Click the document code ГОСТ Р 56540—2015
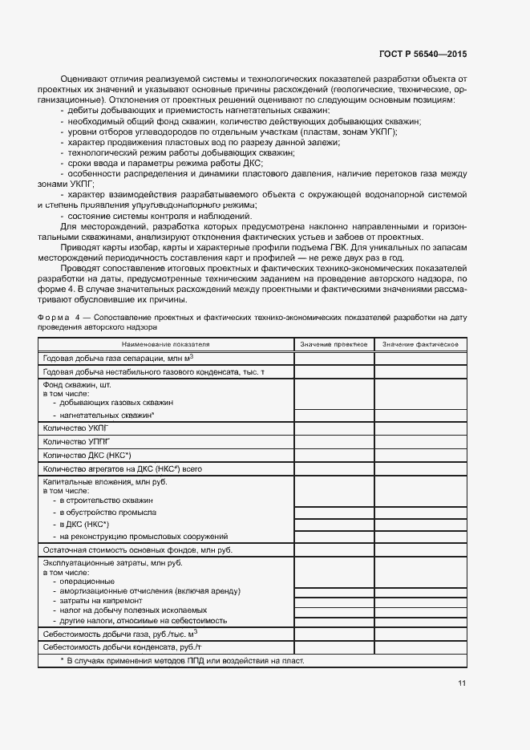pyautogui.click(x=422, y=54)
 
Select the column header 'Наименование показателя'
pyautogui.click(x=166, y=344)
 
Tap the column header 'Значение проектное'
pyautogui.click(x=334, y=344)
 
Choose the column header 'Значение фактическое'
pyautogui.click(x=420, y=344)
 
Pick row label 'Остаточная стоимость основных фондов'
pyautogui.click(x=137, y=549)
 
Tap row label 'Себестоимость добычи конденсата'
pyautogui.click(x=122, y=647)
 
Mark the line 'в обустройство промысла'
pyautogui.click(x=107, y=512)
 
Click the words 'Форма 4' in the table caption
pyautogui.click(x=63, y=318)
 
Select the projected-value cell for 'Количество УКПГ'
pyautogui.click(x=334, y=428)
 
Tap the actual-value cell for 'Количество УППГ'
pyautogui.click(x=420, y=441)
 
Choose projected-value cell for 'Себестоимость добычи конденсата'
pyautogui.click(x=334, y=647)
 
